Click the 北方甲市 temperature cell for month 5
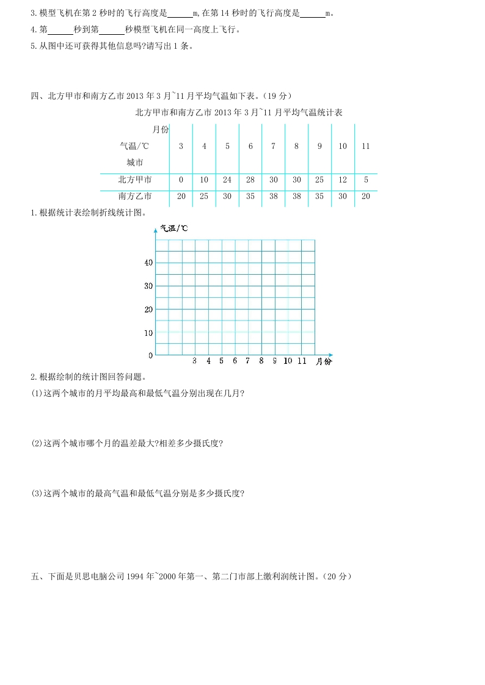click(x=227, y=179)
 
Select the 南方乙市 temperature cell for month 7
click(x=273, y=197)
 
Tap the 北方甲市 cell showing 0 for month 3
click(x=181, y=179)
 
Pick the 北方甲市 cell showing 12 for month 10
click(x=342, y=179)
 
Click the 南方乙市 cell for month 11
click(x=365, y=197)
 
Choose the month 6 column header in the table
click(x=250, y=147)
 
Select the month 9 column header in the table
click(x=319, y=147)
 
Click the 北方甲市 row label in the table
click(x=135, y=179)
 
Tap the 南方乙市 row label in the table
click(x=135, y=197)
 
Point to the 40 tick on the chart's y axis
click(x=148, y=263)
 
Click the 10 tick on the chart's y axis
click(x=148, y=333)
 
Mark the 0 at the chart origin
click(x=150, y=355)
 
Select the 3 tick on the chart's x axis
click(x=194, y=361)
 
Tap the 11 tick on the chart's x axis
click(x=302, y=361)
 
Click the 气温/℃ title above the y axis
click(x=174, y=228)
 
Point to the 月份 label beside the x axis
click(x=324, y=362)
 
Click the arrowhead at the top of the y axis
click(x=156, y=230)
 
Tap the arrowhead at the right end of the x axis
click(x=330, y=355)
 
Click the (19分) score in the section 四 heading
click(x=280, y=96)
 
